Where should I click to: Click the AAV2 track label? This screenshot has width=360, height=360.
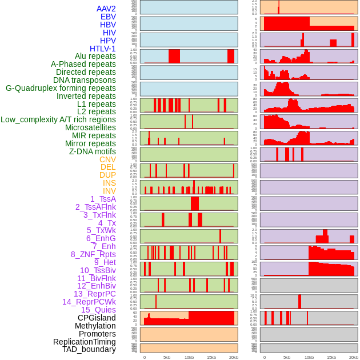pos(106,9)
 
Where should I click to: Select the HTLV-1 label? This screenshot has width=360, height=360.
pos(103,49)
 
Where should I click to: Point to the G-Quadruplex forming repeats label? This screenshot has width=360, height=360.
pos(61,88)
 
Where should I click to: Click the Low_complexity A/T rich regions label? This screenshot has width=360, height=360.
pos(58,119)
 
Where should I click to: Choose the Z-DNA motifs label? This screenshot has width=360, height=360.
pos(93,151)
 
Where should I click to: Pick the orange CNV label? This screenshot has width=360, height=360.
pos(107,159)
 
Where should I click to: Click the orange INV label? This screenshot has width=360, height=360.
pos(109,191)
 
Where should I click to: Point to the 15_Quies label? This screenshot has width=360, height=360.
pos(98,310)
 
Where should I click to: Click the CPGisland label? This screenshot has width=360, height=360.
pos(97,318)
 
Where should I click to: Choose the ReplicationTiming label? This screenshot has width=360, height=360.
pos(85,342)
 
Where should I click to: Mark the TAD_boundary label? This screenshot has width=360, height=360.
pos(89,349)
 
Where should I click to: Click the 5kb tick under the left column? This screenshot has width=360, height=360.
pos(167,357)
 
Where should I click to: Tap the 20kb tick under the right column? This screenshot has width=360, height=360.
pos(354,357)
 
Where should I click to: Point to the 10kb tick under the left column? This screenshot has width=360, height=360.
pos(189,357)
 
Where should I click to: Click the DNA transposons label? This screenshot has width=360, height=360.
pos(85,80)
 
